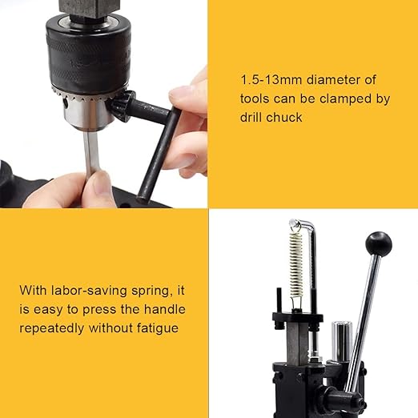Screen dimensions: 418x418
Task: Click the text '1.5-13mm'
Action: point(267,79)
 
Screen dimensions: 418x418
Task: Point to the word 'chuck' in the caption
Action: point(286,119)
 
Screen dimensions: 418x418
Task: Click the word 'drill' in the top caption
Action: point(252,119)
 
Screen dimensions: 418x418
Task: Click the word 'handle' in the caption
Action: point(162,308)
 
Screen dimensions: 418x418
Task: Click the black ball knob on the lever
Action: point(378,243)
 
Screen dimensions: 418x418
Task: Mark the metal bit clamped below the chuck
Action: point(90,152)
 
